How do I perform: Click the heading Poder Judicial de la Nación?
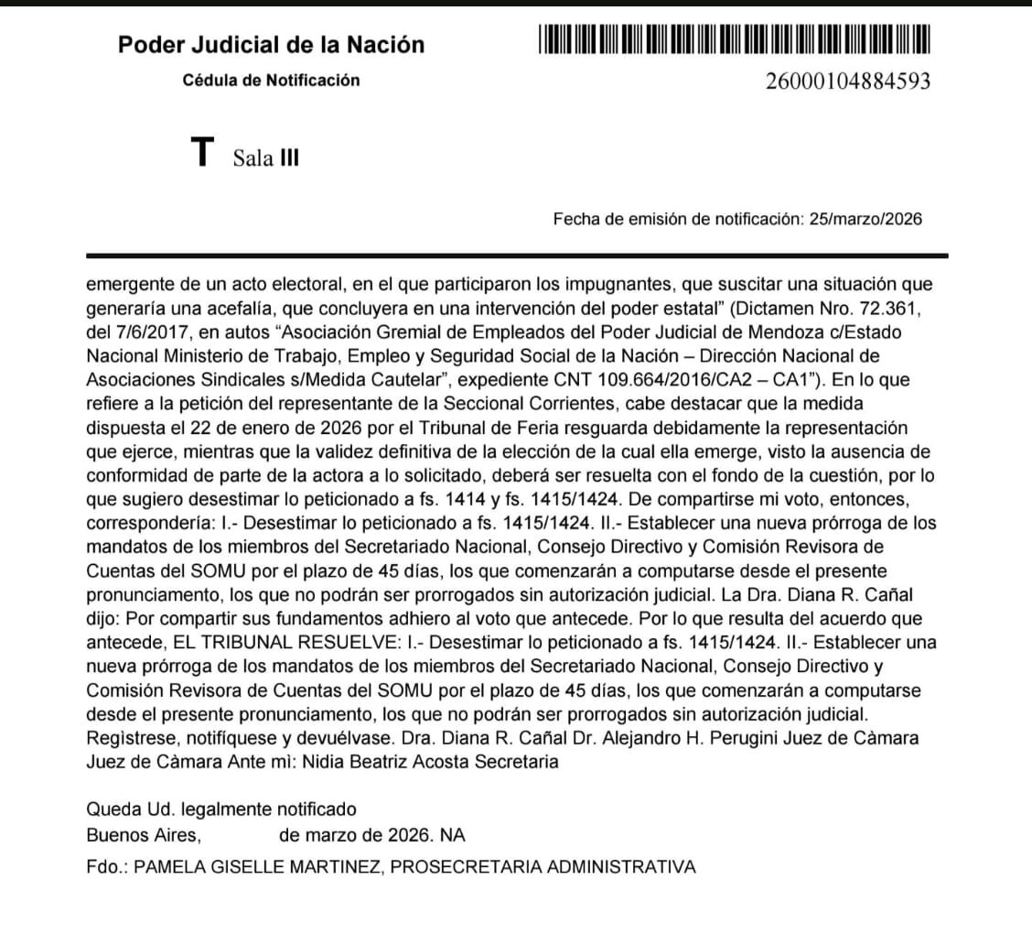(x=271, y=45)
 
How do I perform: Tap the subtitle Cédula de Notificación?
(x=271, y=81)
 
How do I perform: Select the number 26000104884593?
(x=847, y=82)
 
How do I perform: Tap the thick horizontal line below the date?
(x=516, y=255)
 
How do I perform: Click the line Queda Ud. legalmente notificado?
(x=220, y=809)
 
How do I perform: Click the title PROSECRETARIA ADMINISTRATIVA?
(x=543, y=866)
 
